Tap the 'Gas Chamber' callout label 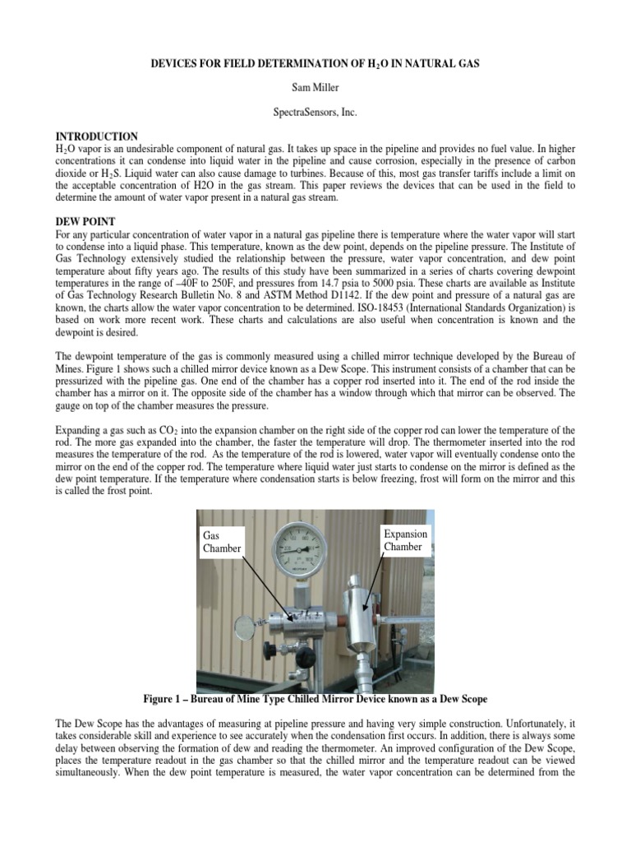tap(222, 541)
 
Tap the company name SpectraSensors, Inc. tap(315, 110)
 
